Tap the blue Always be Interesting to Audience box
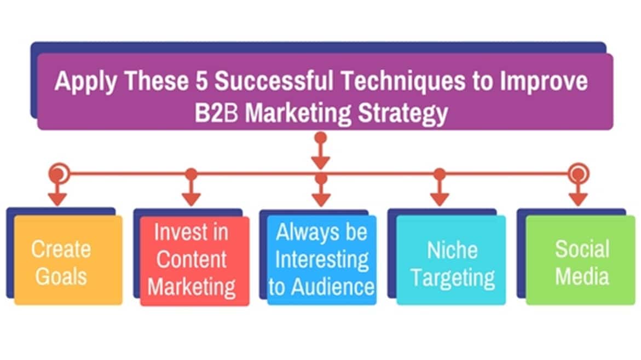click(x=321, y=260)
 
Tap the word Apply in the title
click(x=86, y=82)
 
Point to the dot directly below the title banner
click(x=321, y=137)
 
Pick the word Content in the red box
click(x=192, y=259)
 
